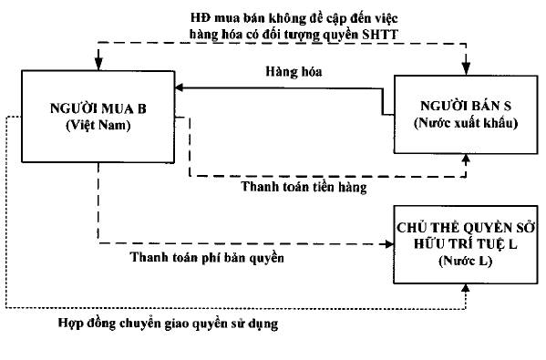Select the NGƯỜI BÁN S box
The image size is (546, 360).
[456, 115]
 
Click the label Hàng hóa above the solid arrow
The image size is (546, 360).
[289, 69]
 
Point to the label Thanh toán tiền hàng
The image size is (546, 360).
[304, 188]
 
